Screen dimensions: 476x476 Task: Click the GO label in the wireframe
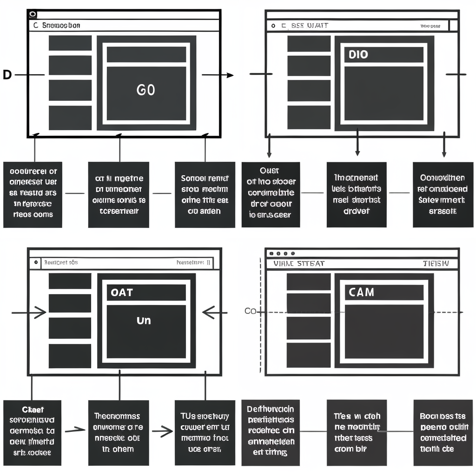(x=146, y=90)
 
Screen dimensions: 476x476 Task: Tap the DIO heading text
(x=358, y=54)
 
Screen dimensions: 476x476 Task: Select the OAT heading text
(x=122, y=292)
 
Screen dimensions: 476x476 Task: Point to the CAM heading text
(x=361, y=292)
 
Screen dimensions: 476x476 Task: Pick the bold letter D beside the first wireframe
(x=7, y=74)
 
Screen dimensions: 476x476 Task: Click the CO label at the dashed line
(x=250, y=311)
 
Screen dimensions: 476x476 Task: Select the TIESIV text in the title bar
(x=436, y=264)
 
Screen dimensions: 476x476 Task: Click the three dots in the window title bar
(x=282, y=253)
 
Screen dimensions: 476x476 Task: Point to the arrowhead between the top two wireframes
(x=230, y=75)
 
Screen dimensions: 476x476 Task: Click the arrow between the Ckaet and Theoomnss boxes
(x=75, y=430)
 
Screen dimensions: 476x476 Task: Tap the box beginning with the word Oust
(x=271, y=195)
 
